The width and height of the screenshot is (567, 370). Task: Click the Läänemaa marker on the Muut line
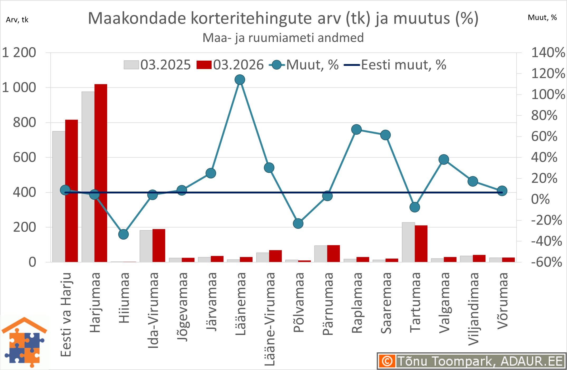[240, 80]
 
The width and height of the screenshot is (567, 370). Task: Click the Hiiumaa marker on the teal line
[123, 234]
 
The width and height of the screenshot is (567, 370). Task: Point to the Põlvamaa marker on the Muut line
[298, 223]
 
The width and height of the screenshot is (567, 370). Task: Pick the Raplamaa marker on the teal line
[356, 129]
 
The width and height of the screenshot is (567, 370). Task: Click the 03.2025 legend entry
[158, 65]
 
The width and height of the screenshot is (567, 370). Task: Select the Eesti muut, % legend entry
[395, 65]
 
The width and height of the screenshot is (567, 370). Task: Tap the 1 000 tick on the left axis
[19, 87]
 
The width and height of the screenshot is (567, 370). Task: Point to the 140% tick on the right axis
[548, 52]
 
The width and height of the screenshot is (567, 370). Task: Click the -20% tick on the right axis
[546, 220]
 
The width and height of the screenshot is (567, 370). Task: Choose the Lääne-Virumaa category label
[270, 319]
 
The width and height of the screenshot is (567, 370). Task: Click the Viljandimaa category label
[473, 309]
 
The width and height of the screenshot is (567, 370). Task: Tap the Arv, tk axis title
[17, 20]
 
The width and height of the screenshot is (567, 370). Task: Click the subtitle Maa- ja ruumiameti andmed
[283, 38]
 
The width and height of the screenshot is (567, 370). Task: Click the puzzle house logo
[24, 342]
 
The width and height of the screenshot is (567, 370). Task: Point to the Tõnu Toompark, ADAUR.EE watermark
[471, 361]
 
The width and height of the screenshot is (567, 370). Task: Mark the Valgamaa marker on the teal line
[444, 159]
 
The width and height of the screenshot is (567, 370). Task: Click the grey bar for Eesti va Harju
[59, 196]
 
